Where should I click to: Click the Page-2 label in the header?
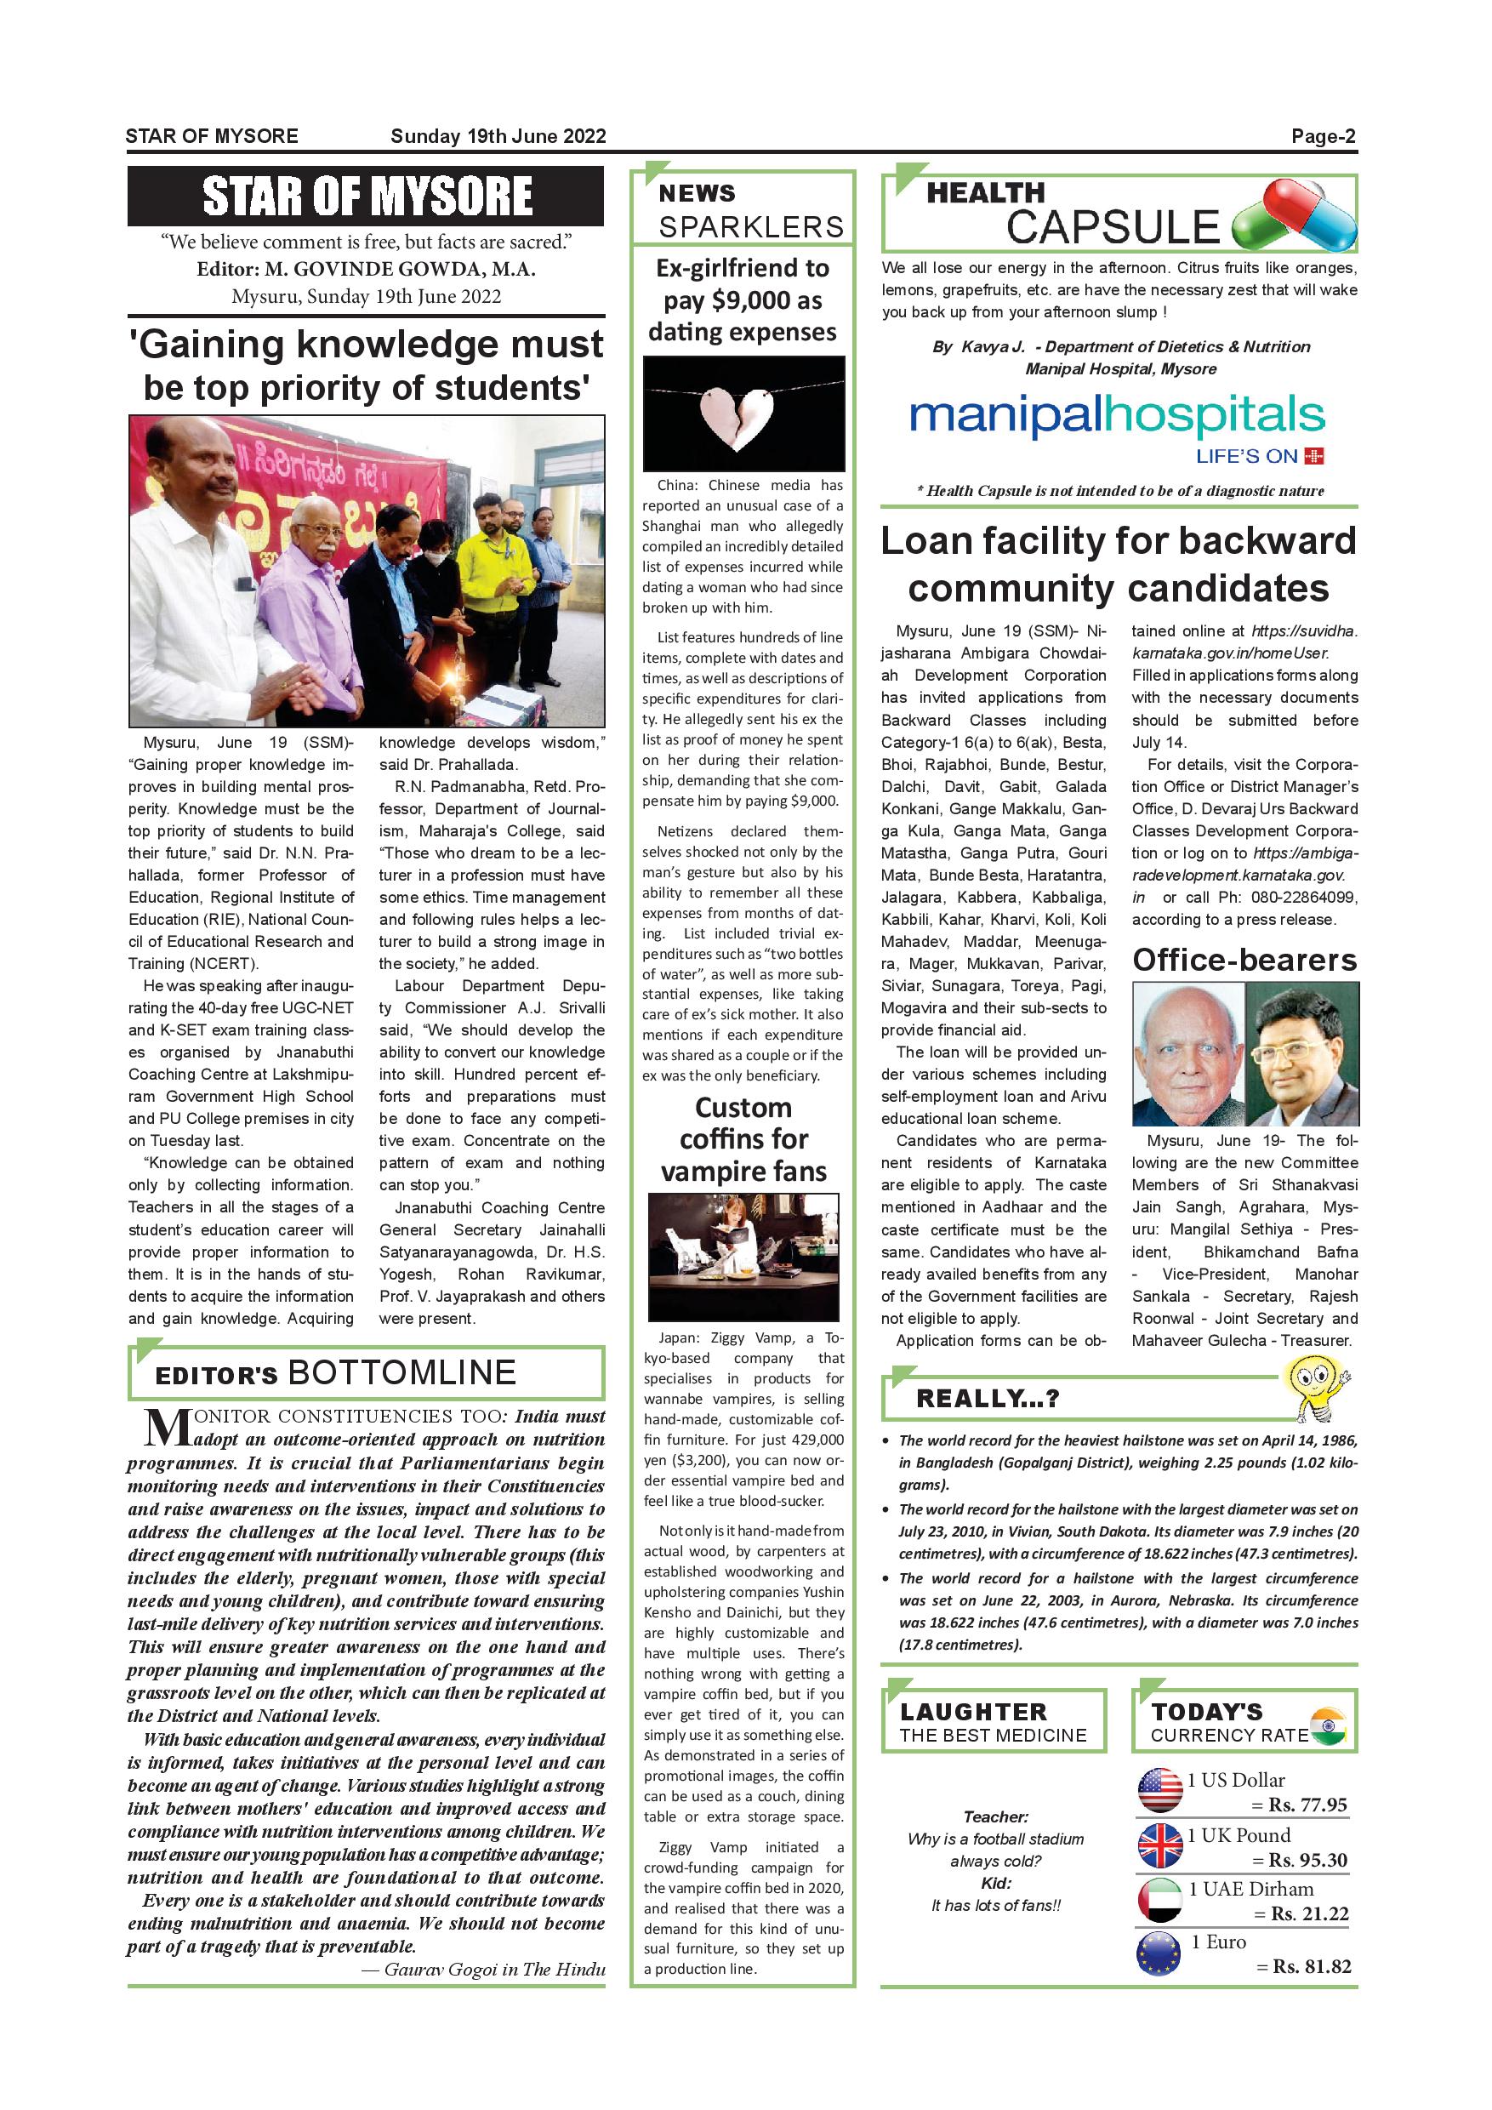tap(1323, 137)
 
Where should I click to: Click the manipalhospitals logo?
tap(1116, 418)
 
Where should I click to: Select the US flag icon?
tap(1159, 1790)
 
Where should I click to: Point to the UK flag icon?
tap(1159, 1845)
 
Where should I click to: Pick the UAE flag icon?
tap(1159, 1899)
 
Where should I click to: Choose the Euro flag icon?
tap(1159, 1953)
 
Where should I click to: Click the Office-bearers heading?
tap(1244, 960)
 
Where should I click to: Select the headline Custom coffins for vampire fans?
tap(743, 1138)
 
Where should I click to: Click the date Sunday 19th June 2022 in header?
tap(498, 137)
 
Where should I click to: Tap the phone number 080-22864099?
tap(1310, 897)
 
